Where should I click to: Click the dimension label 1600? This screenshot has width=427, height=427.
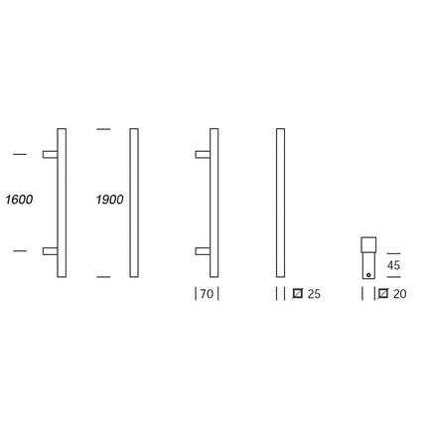click(x=20, y=200)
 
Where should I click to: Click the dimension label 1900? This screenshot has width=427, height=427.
click(x=109, y=200)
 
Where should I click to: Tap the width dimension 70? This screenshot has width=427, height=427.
click(x=206, y=294)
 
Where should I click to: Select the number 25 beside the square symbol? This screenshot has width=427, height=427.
click(x=315, y=294)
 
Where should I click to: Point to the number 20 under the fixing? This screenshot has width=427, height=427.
click(x=400, y=294)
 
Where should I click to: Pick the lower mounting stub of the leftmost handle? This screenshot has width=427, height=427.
click(x=50, y=251)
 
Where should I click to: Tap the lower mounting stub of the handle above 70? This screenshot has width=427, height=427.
click(x=203, y=251)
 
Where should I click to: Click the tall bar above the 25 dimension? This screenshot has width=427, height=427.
click(x=280, y=203)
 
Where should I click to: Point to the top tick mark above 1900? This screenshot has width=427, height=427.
click(x=101, y=129)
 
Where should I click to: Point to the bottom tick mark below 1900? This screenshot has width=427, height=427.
click(x=101, y=275)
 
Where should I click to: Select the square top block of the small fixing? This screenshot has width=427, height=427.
click(x=366, y=246)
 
